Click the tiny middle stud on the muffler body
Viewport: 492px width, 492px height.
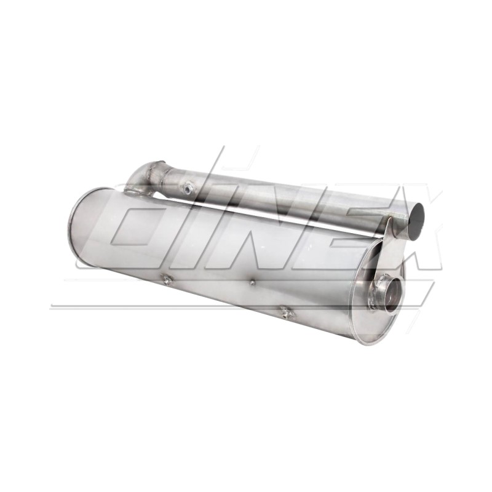(252, 283)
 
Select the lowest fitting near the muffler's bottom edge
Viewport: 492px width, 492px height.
(285, 311)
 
